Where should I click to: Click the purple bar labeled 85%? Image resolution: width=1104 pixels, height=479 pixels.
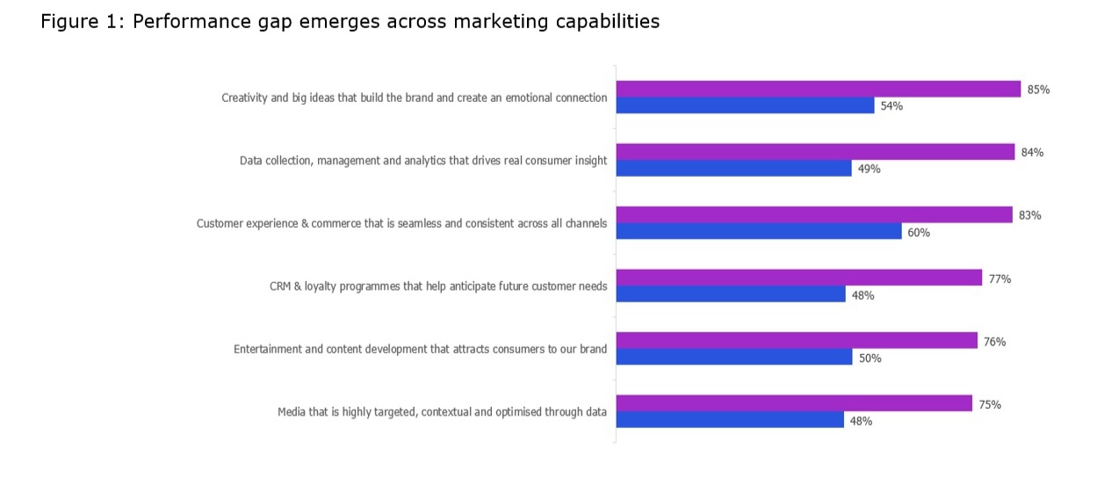818,89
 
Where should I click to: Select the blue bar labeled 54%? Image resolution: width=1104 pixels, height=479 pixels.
745,105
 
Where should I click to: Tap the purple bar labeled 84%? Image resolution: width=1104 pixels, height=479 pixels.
815,152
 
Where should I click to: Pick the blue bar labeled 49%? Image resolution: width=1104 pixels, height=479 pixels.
733,169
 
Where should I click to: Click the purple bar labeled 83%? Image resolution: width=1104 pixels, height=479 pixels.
813,215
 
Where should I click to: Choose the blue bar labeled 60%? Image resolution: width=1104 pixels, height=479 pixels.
758,232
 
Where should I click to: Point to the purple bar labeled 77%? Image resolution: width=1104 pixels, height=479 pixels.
798,278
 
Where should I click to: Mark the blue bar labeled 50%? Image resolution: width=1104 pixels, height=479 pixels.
733,358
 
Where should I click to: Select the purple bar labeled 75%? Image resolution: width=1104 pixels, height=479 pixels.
794,404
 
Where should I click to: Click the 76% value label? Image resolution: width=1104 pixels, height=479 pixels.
994,342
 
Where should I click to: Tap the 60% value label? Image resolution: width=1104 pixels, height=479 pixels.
919,233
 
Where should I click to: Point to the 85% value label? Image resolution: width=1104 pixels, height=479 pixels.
1038,90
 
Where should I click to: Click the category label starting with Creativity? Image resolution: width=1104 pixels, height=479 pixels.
414,98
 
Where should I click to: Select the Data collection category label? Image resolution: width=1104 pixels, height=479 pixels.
423,161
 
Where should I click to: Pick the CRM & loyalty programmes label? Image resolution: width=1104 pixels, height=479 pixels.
438,287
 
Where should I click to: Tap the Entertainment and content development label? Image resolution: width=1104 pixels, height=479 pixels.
420,349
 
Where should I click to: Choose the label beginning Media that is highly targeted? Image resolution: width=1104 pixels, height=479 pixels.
442,411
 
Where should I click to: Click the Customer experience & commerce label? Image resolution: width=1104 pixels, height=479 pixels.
401,223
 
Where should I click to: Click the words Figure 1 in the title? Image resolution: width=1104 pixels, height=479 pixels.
83,22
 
